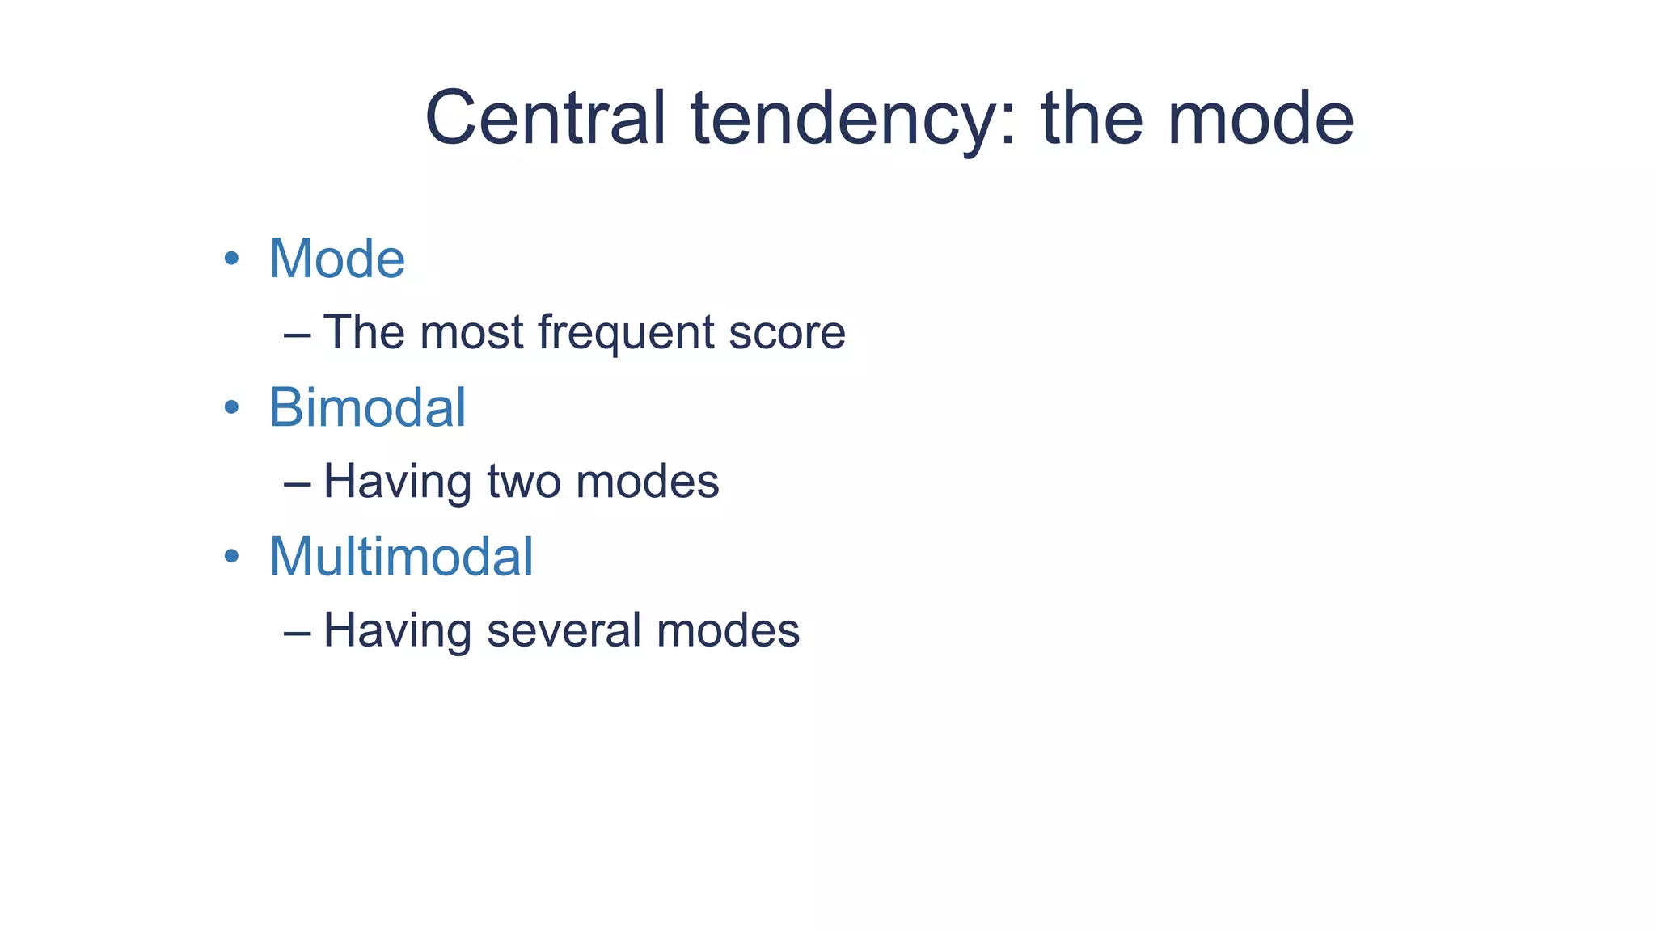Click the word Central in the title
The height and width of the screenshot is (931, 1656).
coord(545,118)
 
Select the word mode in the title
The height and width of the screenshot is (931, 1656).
coord(1261,120)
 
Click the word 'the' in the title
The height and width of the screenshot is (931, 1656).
coord(1092,118)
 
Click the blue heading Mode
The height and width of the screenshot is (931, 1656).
coord(336,259)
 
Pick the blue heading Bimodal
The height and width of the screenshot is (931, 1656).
coord(367,407)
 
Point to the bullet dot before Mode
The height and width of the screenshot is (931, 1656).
coord(232,259)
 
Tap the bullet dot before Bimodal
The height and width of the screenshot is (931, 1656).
coord(232,407)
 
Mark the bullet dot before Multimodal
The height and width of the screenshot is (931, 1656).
coord(232,556)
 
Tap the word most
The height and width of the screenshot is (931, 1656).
coord(471,333)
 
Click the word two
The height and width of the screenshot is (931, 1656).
coord(524,482)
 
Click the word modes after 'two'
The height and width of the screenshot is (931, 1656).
coord(647,482)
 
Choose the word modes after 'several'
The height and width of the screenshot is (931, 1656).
coord(728,630)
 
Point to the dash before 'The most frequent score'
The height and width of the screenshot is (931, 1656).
coord(297,333)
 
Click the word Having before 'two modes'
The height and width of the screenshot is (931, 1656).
coord(397,482)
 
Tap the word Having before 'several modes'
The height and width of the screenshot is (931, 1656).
coord(397,630)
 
